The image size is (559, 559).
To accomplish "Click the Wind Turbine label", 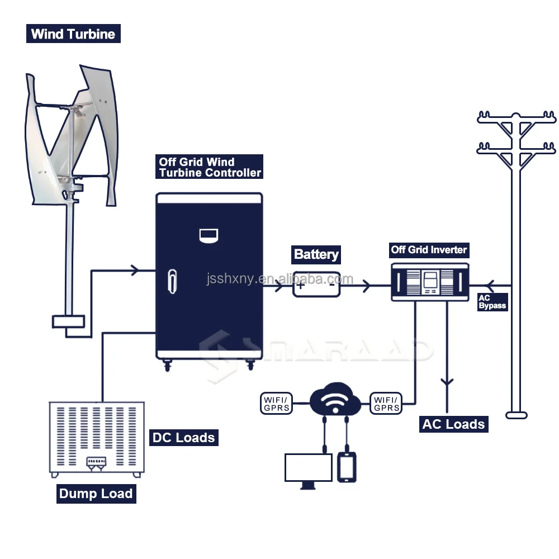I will (73, 34).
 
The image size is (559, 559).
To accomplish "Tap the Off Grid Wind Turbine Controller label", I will (209, 167).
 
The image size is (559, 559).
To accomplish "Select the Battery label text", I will (316, 255).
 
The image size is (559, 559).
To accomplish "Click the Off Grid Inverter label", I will (429, 249).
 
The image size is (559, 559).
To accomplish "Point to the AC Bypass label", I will (492, 302).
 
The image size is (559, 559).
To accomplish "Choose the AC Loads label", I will (453, 424).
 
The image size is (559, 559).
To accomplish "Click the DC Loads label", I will (183, 437).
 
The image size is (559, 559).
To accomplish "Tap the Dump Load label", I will (96, 494).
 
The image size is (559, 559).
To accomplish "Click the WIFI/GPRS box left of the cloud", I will (276, 404).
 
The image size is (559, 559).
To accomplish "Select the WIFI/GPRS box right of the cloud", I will (386, 404).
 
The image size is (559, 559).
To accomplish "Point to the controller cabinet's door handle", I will (172, 281).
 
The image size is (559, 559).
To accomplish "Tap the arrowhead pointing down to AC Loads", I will (446, 383).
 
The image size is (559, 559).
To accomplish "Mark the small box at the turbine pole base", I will (68, 321).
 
